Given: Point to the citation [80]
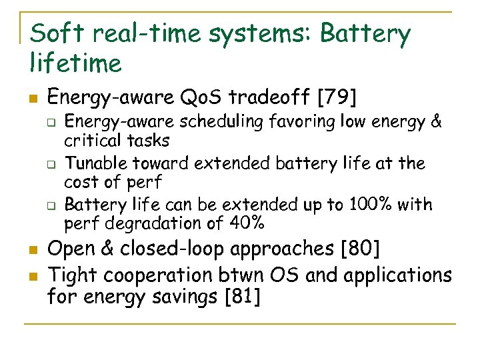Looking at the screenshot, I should [360, 249].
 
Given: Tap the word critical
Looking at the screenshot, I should [91, 141].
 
